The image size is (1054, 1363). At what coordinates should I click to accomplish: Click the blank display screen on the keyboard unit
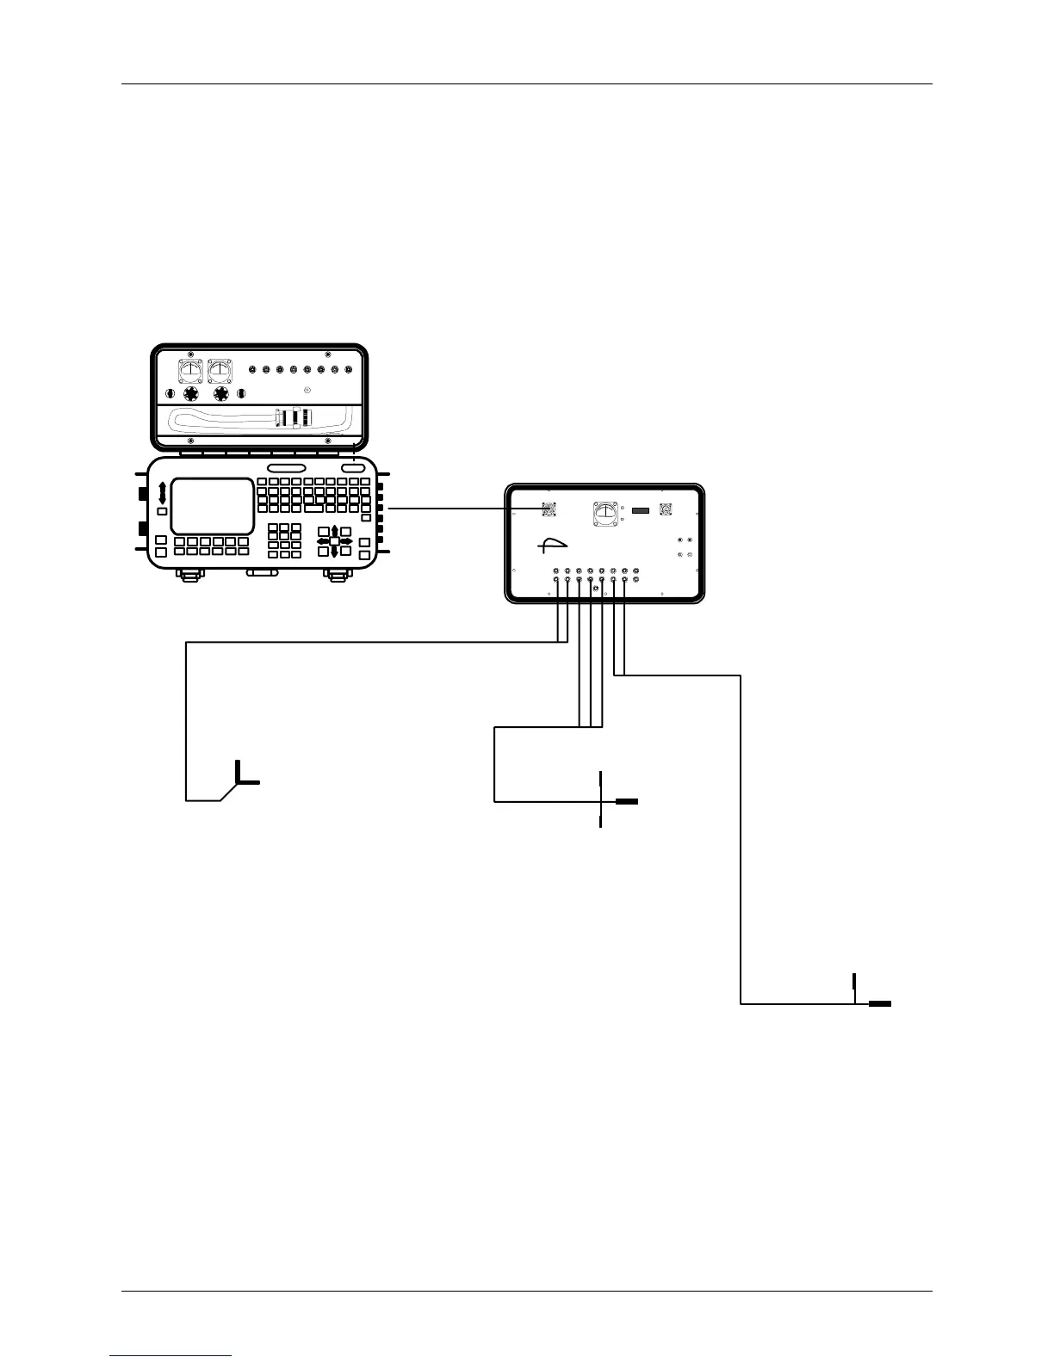[212, 506]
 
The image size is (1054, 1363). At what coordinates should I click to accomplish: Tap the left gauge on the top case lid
[190, 371]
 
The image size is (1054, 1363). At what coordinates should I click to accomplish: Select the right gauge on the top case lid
[221, 371]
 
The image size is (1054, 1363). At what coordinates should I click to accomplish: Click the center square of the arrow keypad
[334, 541]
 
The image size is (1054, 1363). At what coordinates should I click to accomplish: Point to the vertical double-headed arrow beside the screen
[162, 493]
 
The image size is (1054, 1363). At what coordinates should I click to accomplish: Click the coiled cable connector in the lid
[293, 419]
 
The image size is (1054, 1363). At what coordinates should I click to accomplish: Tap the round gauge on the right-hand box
[605, 515]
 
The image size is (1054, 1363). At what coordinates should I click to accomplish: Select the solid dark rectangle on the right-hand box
[641, 511]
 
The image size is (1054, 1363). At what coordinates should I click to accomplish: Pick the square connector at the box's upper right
[665, 509]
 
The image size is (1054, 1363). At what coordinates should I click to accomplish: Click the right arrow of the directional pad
[347, 541]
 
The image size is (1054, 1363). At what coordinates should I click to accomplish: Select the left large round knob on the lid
[190, 393]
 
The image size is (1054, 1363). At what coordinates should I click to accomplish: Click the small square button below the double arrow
[162, 512]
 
